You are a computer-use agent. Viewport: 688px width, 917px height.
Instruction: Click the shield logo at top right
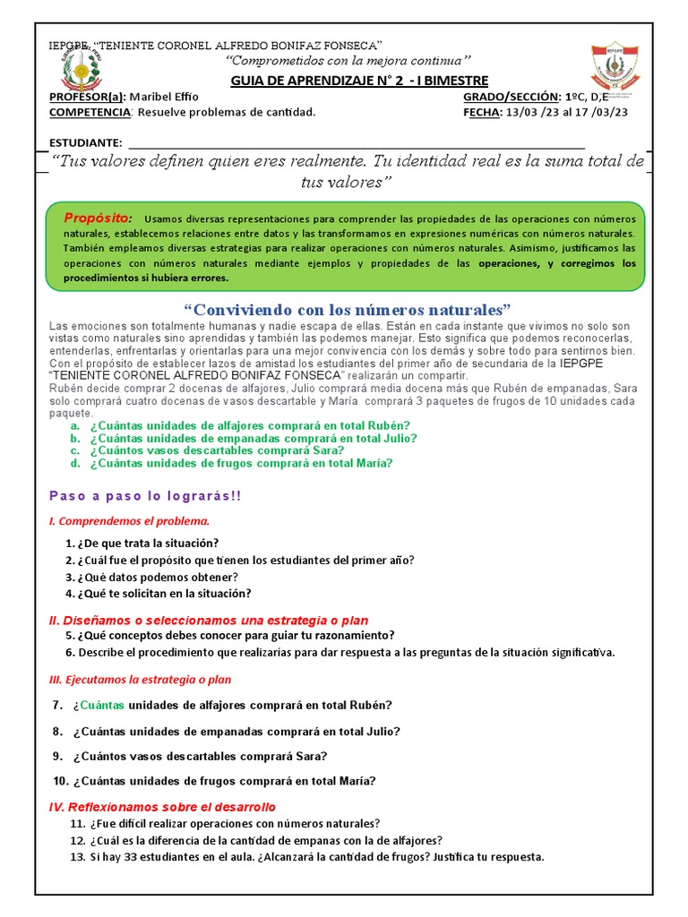tap(611, 69)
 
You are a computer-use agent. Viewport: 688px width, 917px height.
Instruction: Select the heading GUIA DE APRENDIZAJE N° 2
tap(359, 81)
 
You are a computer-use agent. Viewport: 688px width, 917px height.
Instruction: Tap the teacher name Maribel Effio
tap(164, 97)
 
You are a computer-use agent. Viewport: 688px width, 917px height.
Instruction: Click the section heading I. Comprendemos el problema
tap(128, 520)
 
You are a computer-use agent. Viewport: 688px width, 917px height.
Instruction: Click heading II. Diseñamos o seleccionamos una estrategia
tap(208, 621)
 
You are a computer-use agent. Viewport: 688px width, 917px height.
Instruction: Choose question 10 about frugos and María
tap(215, 781)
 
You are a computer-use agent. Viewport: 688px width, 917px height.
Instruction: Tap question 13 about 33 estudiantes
tap(306, 857)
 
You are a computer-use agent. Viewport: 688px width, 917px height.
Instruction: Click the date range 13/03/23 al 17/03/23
tap(567, 112)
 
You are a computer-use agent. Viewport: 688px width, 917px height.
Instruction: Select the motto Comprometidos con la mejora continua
tap(348, 60)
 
